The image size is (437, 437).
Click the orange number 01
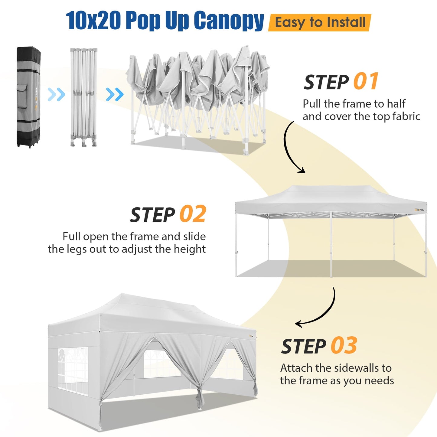tap(366, 81)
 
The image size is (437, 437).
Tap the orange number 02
tap(193, 214)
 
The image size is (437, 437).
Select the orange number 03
tap(344, 345)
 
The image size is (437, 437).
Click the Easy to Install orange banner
tap(320, 23)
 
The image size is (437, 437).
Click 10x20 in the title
tap(93, 21)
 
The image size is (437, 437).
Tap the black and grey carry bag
tap(28, 97)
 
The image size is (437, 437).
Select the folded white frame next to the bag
tap(84, 97)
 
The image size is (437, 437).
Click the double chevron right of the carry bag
tap(57, 95)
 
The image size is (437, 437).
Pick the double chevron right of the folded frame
tap(115, 95)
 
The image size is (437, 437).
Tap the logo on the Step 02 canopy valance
tap(419, 210)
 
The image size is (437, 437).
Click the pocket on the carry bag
tap(22, 96)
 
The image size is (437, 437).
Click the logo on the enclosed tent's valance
tap(252, 335)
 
